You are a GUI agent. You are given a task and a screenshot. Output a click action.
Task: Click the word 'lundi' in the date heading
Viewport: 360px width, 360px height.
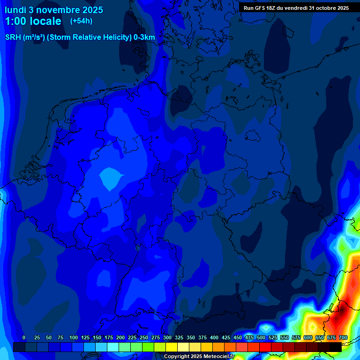pyautogui.click(x=15, y=10)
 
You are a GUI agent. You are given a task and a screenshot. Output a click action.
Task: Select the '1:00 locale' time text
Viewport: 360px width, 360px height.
pyautogui.click(x=33, y=21)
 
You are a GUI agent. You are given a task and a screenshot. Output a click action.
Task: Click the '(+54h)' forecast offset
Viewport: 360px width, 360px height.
pyautogui.click(x=81, y=21)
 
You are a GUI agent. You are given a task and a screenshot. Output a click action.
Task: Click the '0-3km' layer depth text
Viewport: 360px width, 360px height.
pyautogui.click(x=144, y=37)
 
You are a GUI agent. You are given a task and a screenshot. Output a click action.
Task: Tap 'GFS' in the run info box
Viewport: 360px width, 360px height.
pyautogui.click(x=260, y=8)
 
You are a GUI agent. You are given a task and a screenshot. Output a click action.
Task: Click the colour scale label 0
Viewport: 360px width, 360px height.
pyautogui.click(x=24, y=337)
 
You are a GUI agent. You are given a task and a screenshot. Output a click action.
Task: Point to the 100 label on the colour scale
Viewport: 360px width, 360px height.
pyautogui.click(x=74, y=337)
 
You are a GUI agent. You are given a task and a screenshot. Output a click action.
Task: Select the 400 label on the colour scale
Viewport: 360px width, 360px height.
pyautogui.click(x=214, y=337)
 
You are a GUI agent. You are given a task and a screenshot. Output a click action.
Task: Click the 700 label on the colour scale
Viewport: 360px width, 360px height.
pyautogui.click(x=343, y=337)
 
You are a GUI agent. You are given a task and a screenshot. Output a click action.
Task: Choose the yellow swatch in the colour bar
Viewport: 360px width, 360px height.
pyautogui.click(x=171, y=347)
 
